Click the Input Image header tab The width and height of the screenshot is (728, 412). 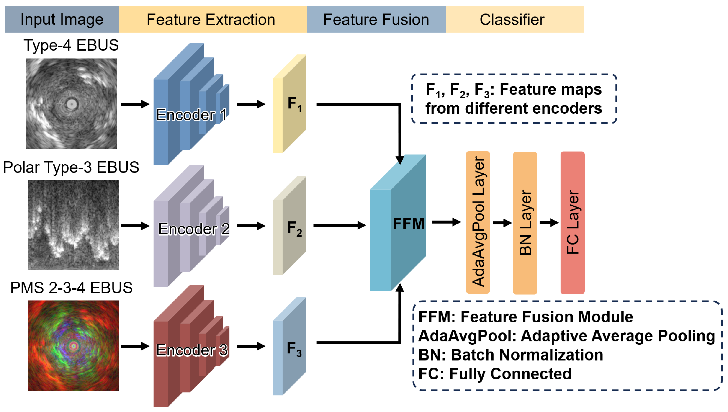pyautogui.click(x=62, y=19)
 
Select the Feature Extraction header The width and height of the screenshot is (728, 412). pyautogui.click(x=213, y=19)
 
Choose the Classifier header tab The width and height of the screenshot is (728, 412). pyautogui.click(x=515, y=19)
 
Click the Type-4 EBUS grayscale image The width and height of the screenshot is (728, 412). pyautogui.click(x=72, y=104)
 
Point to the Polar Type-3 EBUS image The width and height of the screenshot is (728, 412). pyautogui.click(x=74, y=225)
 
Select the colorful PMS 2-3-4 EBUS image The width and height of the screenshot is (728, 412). pyautogui.click(x=74, y=346)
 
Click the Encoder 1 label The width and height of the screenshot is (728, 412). pyautogui.click(x=191, y=115)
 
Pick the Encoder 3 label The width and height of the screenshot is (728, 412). pyautogui.click(x=192, y=350)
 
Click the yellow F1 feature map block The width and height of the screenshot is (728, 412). pyautogui.click(x=289, y=104)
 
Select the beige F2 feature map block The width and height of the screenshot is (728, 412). pyautogui.click(x=289, y=226)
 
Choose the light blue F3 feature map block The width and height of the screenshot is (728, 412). pyautogui.click(x=289, y=346)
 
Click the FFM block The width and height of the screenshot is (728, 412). pyautogui.click(x=398, y=223)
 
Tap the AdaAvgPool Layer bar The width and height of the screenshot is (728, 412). pyautogui.click(x=478, y=222)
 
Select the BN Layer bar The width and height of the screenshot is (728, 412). pyautogui.click(x=525, y=223)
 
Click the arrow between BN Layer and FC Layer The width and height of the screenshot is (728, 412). pyautogui.click(x=549, y=223)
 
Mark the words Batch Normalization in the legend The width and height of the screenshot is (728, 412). pyautogui.click(x=527, y=355)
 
